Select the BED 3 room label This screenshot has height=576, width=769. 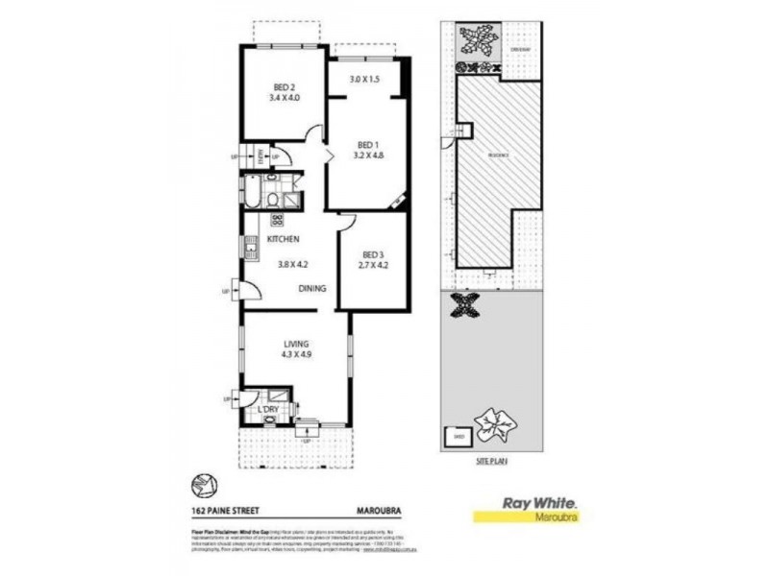click(x=372, y=254)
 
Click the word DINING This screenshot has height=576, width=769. click(x=311, y=288)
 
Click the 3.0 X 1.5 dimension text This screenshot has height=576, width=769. click(x=364, y=79)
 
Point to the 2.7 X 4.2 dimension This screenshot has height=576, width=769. click(x=372, y=266)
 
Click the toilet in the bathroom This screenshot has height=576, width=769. click(x=274, y=200)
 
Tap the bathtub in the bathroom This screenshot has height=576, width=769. click(x=249, y=192)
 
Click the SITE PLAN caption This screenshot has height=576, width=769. click(x=491, y=462)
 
